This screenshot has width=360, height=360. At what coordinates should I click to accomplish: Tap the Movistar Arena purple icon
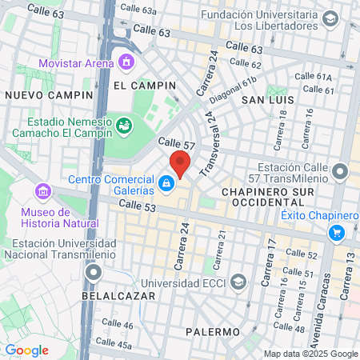pyautogui.click(x=126, y=62)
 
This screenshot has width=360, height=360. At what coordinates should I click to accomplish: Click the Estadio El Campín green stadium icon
pyautogui.click(x=123, y=126)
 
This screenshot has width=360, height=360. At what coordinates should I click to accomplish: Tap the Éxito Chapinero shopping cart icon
pyautogui.click(x=337, y=233)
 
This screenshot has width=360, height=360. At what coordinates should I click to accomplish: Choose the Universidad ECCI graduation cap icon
pyautogui.click(x=238, y=282)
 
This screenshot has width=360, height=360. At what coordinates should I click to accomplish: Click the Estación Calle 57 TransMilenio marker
pyautogui.click(x=340, y=171)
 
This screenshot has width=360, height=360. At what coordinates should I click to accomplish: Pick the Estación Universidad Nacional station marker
pyautogui.click(x=94, y=274)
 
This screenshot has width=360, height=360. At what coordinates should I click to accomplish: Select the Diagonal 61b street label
pyautogui.click(x=233, y=86)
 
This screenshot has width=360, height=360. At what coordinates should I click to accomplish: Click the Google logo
pyautogui.click(x=26, y=350)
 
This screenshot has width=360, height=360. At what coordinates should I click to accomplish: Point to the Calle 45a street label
pyautogui.click(x=117, y=345)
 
